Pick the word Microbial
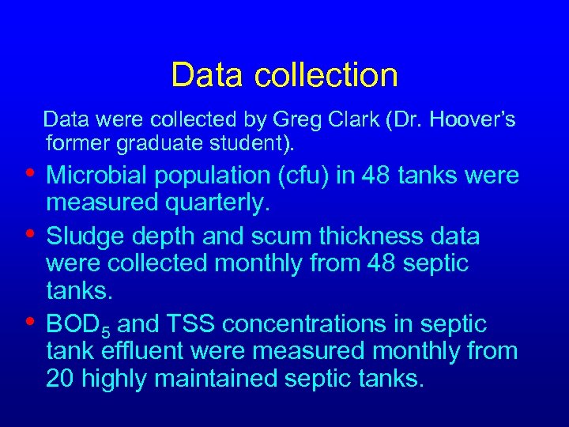[x=104, y=175]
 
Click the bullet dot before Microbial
[x=29, y=172]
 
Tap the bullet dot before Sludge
[x=29, y=233]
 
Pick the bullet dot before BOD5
[x=29, y=321]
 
